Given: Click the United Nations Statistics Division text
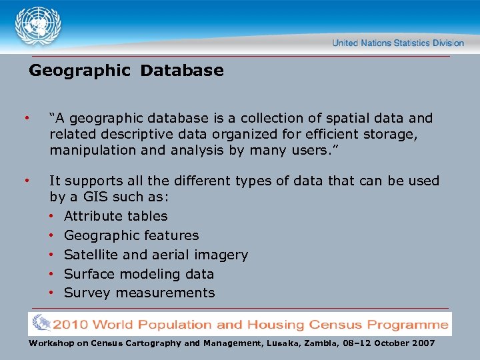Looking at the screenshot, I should point(398,43).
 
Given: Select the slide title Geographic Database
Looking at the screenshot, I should point(126,71).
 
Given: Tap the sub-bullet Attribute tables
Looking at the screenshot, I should point(115,216).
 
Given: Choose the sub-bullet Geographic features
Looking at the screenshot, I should point(131,235).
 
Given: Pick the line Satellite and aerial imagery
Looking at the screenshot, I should point(156,255).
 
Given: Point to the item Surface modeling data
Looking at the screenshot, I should point(139,274).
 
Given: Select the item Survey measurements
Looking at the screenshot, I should point(139,293).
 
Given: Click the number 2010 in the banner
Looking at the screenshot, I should point(72,325).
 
